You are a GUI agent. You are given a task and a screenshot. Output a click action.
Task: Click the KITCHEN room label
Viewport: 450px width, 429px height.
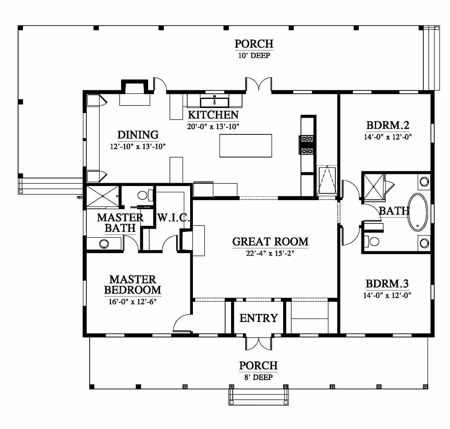coord(213,115)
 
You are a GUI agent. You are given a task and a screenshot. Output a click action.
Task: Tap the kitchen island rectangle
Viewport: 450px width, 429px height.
coord(245,146)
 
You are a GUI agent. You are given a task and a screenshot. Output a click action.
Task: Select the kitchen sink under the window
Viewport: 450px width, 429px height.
coord(214,102)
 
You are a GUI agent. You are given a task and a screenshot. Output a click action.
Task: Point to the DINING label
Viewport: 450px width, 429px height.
coord(138,135)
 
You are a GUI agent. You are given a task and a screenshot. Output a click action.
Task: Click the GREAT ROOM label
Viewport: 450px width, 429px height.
coord(270,242)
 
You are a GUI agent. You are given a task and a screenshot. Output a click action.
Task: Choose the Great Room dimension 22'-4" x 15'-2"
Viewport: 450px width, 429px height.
coord(270,253)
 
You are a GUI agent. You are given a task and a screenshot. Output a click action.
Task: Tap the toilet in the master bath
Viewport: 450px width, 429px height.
coord(145,195)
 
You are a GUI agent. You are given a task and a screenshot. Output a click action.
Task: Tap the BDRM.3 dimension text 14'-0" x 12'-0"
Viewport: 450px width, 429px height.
coord(387,295)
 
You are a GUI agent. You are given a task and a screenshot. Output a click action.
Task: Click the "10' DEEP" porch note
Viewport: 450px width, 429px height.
coord(254,55)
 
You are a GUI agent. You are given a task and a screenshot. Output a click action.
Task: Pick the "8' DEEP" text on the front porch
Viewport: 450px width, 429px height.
coord(258,377)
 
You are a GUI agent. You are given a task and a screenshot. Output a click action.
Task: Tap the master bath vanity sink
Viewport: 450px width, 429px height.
coord(104,244)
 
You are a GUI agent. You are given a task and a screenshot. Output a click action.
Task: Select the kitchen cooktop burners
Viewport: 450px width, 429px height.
coord(307,145)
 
